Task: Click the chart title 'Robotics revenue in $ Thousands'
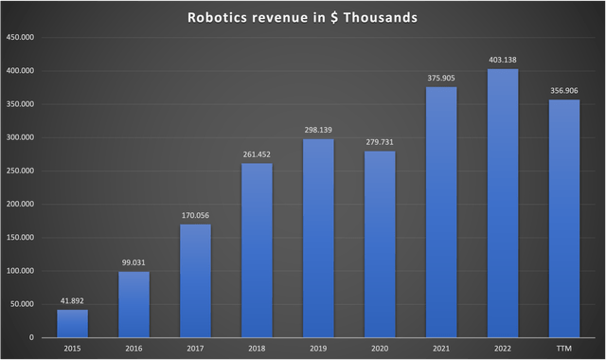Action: [303, 16]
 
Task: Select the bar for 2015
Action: [72, 323]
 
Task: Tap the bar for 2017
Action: [195, 280]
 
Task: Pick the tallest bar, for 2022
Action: [503, 203]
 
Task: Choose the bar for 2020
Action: [380, 243]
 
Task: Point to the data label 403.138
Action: [503, 61]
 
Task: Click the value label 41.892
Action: [72, 301]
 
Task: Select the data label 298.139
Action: [318, 131]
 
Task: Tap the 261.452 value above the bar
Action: [257, 155]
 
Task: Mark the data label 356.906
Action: [564, 91]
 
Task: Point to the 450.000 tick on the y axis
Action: [23, 38]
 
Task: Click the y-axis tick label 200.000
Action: [23, 204]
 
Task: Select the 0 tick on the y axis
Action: [31, 337]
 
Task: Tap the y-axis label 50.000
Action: [25, 304]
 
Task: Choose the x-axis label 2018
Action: [257, 349]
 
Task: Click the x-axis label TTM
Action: [564, 349]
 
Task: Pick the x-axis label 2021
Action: [441, 349]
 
